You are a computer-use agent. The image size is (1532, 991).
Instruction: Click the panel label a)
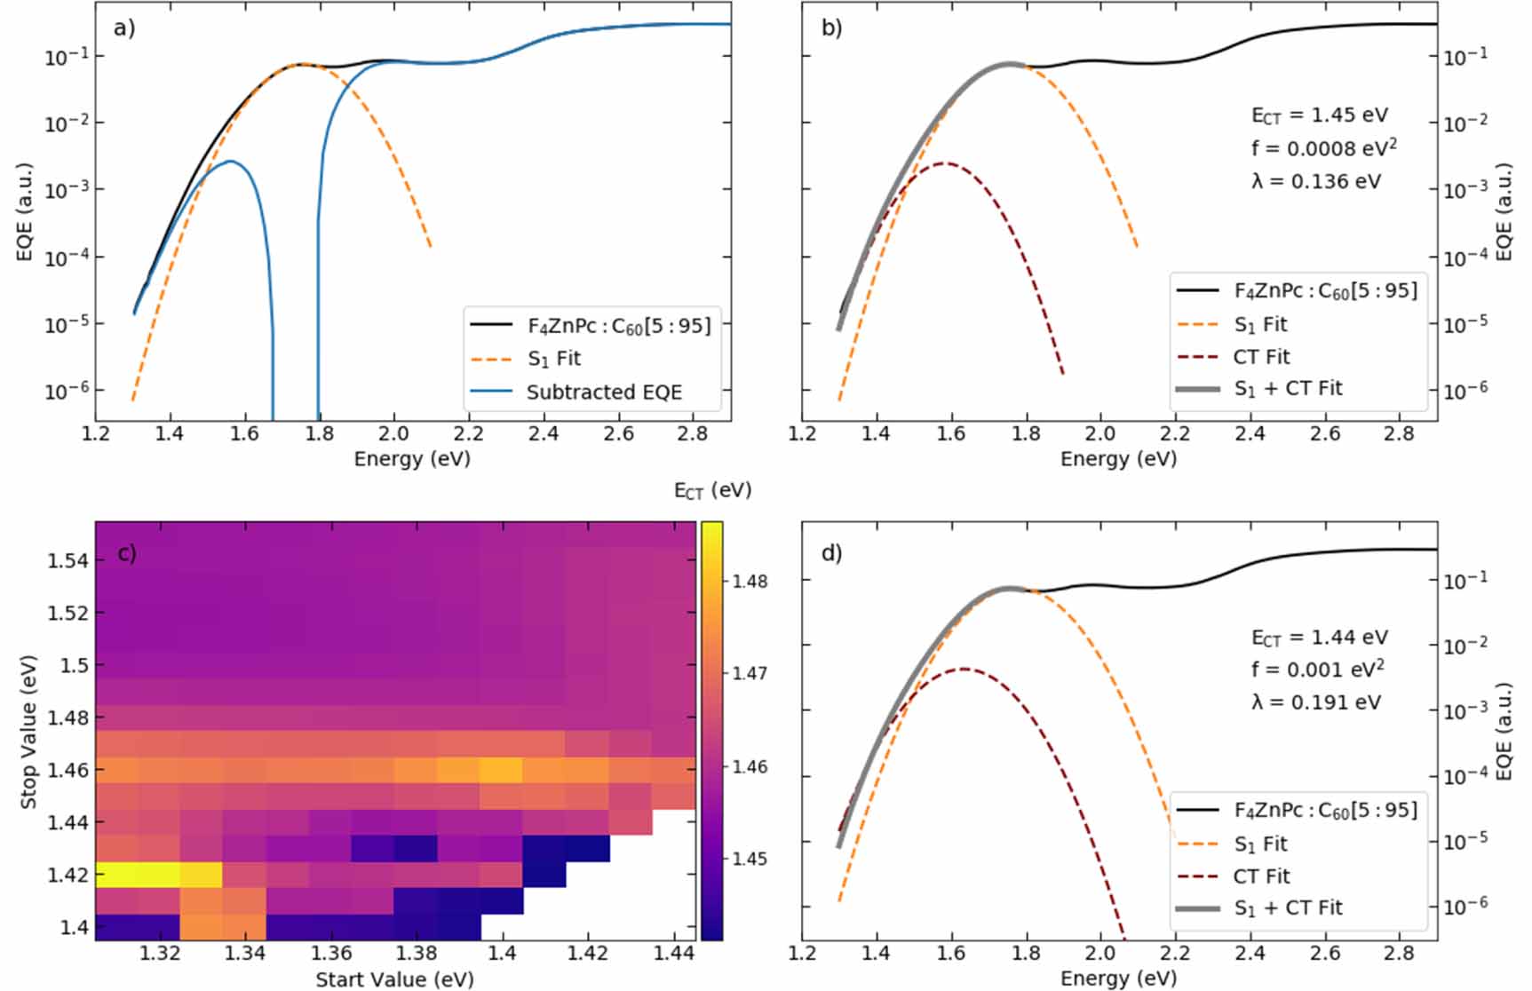point(123,28)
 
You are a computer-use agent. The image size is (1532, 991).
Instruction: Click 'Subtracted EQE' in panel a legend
point(603,392)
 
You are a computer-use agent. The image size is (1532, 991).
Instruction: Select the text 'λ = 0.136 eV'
point(1315,181)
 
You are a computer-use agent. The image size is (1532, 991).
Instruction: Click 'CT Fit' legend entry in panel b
point(1261,357)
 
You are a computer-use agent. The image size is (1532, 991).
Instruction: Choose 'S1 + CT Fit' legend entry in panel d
point(1287,908)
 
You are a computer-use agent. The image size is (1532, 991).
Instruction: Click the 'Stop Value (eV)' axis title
point(28,732)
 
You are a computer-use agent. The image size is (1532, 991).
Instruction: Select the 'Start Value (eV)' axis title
point(394,979)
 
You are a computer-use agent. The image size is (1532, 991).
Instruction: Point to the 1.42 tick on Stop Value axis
point(67,875)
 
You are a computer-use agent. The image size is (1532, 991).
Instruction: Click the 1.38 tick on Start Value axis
point(416,953)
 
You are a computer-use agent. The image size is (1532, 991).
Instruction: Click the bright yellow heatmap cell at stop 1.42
point(138,875)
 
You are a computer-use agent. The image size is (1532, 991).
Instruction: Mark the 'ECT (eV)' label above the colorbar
point(712,490)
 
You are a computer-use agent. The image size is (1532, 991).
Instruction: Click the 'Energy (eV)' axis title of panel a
point(411,458)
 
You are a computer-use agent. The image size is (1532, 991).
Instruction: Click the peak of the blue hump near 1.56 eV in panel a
point(230,161)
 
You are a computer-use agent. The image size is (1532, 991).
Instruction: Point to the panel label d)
point(831,553)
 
